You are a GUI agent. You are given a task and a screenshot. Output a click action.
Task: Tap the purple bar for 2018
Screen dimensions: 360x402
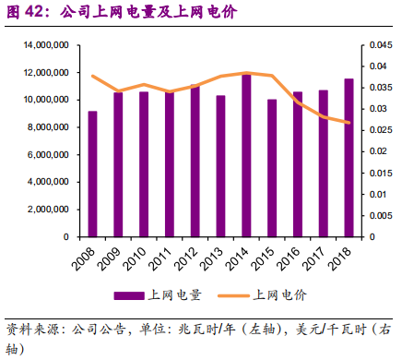click(349, 158)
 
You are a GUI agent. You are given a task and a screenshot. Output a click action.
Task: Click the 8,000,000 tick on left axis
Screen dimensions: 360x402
click(53, 127)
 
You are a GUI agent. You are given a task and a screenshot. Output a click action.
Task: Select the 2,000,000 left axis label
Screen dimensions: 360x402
click(53, 210)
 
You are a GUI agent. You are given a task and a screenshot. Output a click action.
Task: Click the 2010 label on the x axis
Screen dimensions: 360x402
click(138, 258)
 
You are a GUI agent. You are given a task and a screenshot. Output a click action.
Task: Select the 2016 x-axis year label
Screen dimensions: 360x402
click(291, 258)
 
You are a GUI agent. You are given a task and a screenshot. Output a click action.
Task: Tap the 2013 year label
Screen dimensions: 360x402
click(215, 258)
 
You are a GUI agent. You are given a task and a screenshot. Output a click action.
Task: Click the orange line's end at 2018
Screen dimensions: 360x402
click(349, 123)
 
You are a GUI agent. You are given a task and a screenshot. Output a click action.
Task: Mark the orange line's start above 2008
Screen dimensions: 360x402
click(93, 76)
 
